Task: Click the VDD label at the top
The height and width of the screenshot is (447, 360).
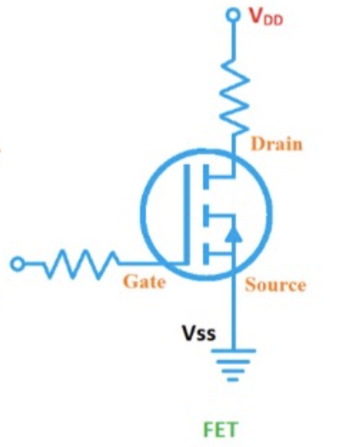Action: [x=266, y=16]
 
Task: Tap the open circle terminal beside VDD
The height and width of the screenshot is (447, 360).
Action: [x=233, y=15]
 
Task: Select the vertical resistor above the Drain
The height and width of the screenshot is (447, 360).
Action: [x=234, y=96]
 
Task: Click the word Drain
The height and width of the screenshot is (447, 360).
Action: [x=276, y=144]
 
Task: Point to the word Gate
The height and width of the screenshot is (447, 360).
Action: [x=144, y=281]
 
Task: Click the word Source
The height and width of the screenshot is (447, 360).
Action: [x=276, y=285]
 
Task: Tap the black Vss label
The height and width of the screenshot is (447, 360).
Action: [x=199, y=333]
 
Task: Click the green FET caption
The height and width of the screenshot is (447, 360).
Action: [x=220, y=429]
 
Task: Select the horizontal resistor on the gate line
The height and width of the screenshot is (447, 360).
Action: [x=81, y=264]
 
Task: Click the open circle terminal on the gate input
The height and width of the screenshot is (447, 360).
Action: [x=18, y=264]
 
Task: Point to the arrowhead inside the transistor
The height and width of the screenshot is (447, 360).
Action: [x=233, y=234]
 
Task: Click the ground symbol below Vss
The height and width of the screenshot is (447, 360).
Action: [x=233, y=365]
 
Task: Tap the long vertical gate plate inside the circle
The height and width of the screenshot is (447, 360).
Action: [x=187, y=214]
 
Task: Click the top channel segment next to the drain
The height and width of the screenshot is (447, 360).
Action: [x=206, y=176]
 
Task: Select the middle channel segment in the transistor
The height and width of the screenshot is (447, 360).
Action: [x=206, y=215]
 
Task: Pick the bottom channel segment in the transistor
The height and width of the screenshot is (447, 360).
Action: [x=206, y=254]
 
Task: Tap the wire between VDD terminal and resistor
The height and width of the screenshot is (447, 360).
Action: [x=233, y=39]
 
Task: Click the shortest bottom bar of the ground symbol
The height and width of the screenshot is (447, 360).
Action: [x=233, y=379]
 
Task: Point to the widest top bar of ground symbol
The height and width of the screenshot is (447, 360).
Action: [x=233, y=351]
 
